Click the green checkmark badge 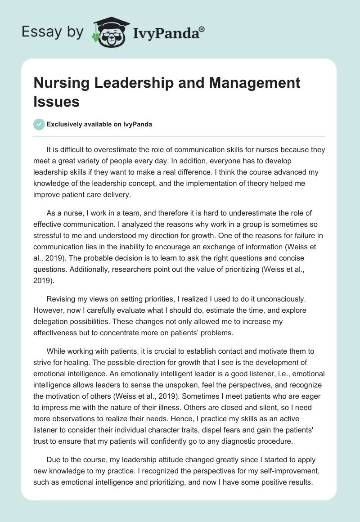coord(39,124)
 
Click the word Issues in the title coord(56,101)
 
